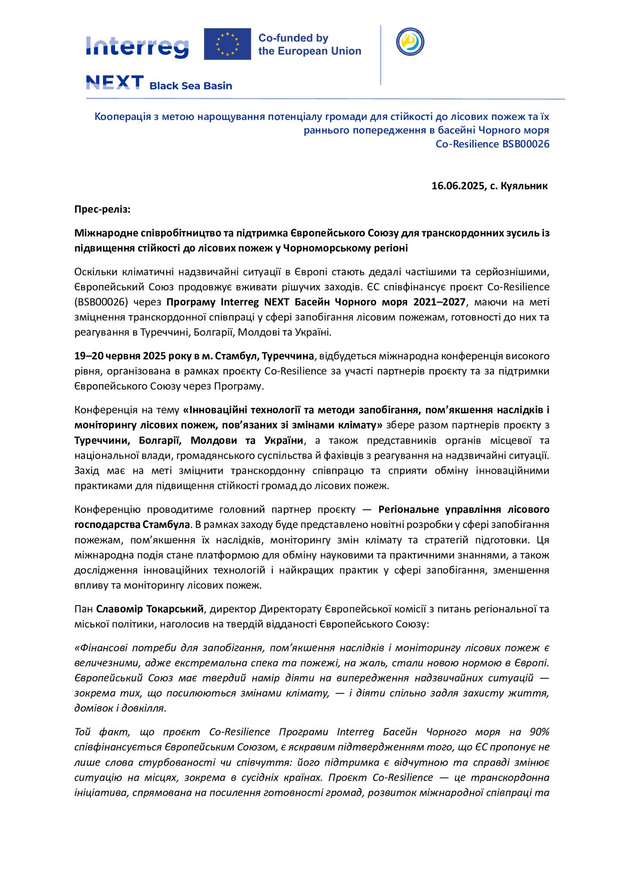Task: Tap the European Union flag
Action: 227,44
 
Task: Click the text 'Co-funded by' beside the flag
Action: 293,38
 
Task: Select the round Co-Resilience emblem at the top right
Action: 410,41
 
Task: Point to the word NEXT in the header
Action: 115,83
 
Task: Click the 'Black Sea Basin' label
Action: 190,86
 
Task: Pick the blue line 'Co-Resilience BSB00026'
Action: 493,144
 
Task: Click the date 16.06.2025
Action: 458,186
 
